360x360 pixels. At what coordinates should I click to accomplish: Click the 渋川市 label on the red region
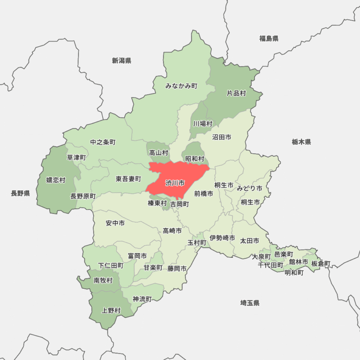pyautogui.click(x=175, y=183)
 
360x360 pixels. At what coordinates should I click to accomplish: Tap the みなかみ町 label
pyautogui.click(x=181, y=86)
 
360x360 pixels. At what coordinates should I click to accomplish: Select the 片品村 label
pyautogui.click(x=236, y=93)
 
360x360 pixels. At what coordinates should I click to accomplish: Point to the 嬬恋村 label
pyautogui.click(x=56, y=180)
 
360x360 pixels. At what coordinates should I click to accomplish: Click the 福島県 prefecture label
pyautogui.click(x=269, y=38)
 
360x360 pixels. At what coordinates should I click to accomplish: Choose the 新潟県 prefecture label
pyautogui.click(x=121, y=60)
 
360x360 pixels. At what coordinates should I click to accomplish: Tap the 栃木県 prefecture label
pyautogui.click(x=301, y=142)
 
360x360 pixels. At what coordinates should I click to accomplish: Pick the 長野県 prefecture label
pyautogui.click(x=21, y=193)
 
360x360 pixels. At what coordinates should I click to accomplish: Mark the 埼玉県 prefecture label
pyautogui.click(x=250, y=303)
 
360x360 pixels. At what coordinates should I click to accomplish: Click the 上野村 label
pyautogui.click(x=111, y=310)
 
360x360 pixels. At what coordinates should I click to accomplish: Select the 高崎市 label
pyautogui.click(x=172, y=231)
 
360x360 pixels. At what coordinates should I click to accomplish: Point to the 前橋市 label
pyautogui.click(x=203, y=193)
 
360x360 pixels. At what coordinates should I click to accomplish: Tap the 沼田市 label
pyautogui.click(x=221, y=137)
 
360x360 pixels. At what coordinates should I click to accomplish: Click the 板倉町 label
pyautogui.click(x=321, y=263)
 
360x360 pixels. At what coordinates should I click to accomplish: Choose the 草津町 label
pyautogui.click(x=76, y=157)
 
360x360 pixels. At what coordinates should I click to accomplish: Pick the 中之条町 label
pyautogui.click(x=103, y=142)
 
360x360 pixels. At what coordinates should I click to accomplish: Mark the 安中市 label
pyautogui.click(x=115, y=223)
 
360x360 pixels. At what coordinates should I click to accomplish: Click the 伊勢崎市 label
pyautogui.click(x=222, y=238)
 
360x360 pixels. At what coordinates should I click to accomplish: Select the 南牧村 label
pyautogui.click(x=103, y=280)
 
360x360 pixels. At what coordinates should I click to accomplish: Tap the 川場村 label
pyautogui.click(x=202, y=124)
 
